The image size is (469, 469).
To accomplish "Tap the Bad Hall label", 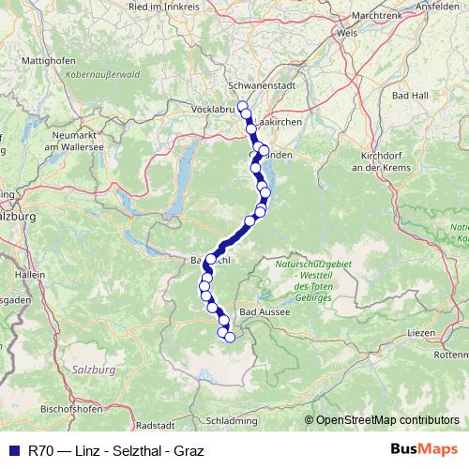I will point(410,97).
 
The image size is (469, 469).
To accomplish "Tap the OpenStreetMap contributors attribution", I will point(386,420).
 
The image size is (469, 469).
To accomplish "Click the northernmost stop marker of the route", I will point(242,106).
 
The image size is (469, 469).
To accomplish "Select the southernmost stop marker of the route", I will point(230,336).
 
